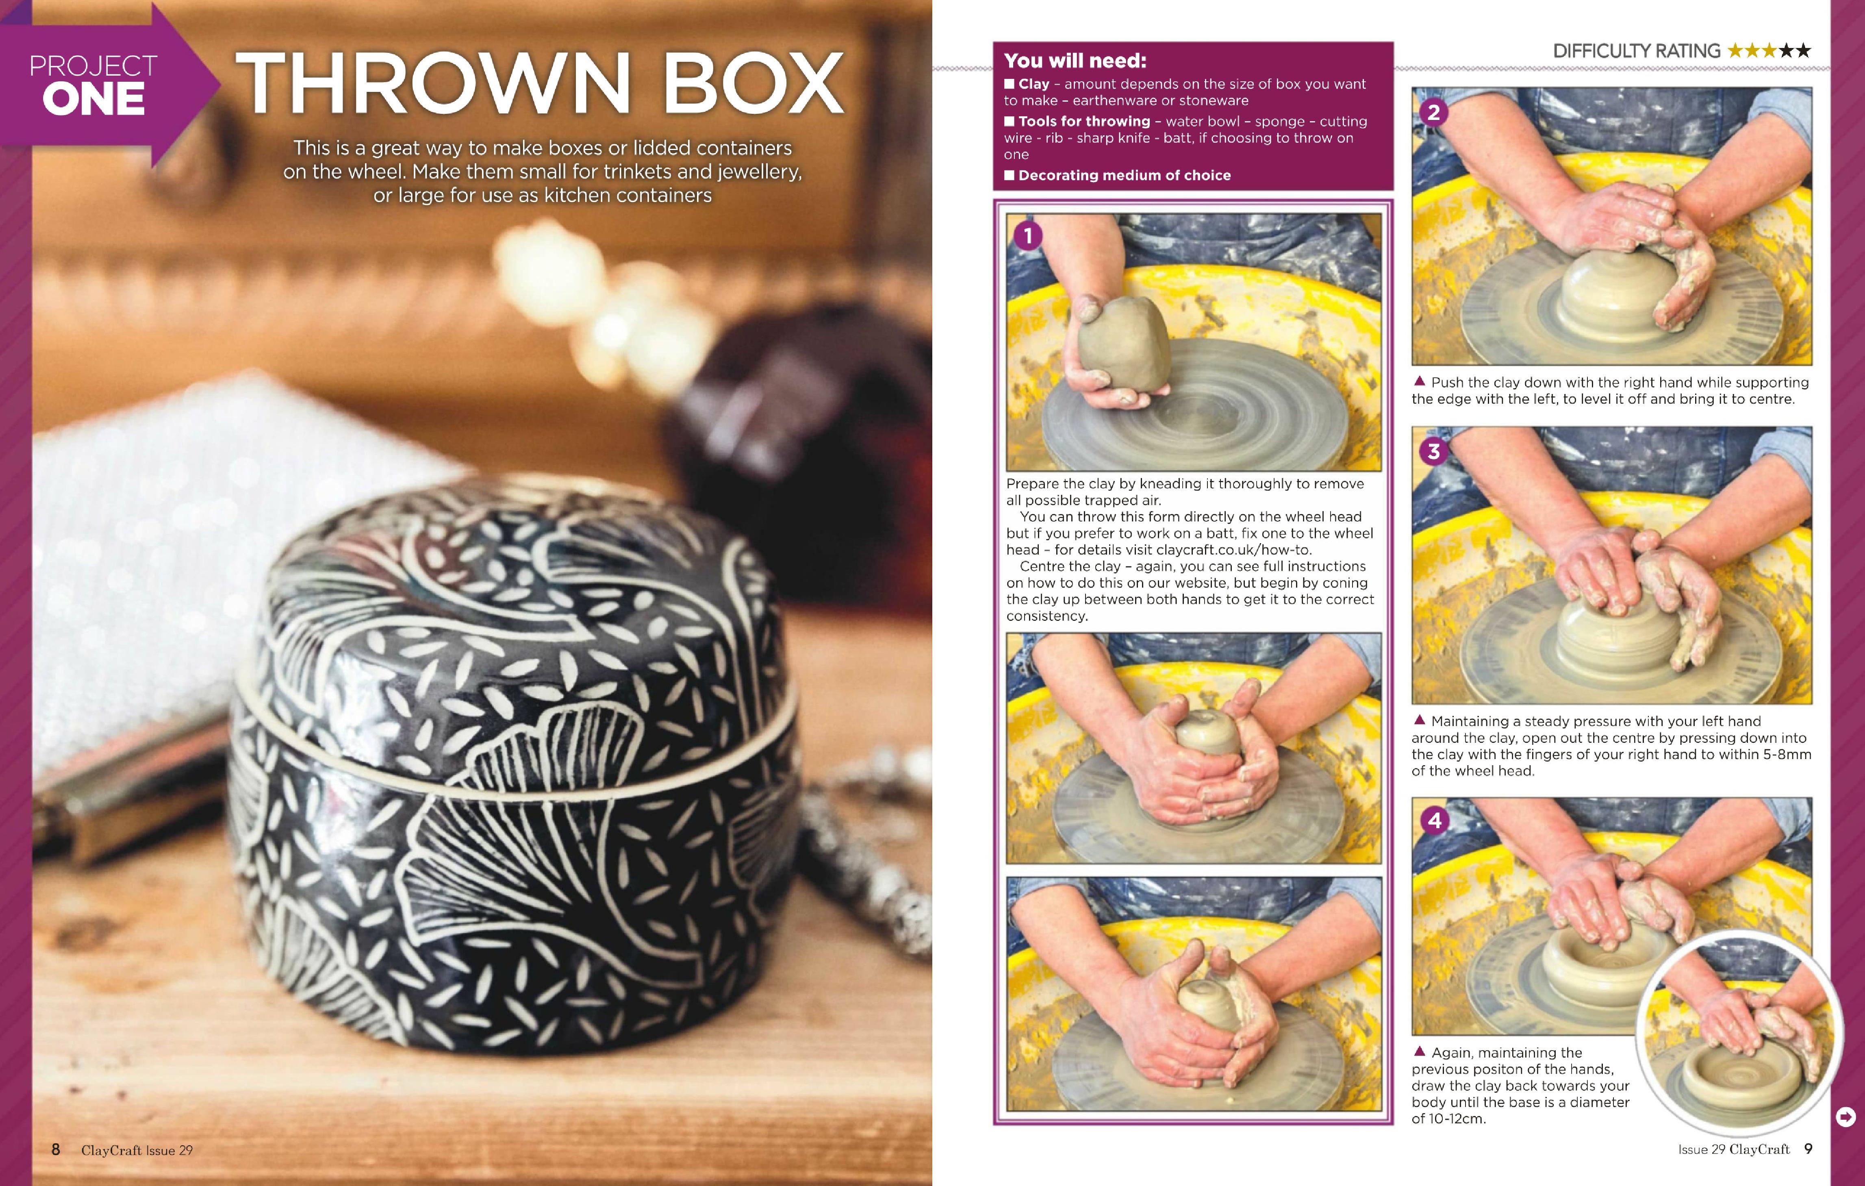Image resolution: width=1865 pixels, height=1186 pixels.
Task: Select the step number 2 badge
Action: click(x=1434, y=112)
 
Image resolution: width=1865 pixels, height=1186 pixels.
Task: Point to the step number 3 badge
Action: click(x=1434, y=451)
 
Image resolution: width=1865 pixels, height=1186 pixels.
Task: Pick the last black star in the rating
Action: click(x=1804, y=51)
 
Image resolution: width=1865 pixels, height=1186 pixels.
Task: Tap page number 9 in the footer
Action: click(x=1809, y=1149)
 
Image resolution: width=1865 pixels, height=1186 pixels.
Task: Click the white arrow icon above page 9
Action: click(x=1845, y=1117)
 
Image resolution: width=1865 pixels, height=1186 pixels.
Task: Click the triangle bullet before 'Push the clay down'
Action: click(x=1420, y=381)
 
